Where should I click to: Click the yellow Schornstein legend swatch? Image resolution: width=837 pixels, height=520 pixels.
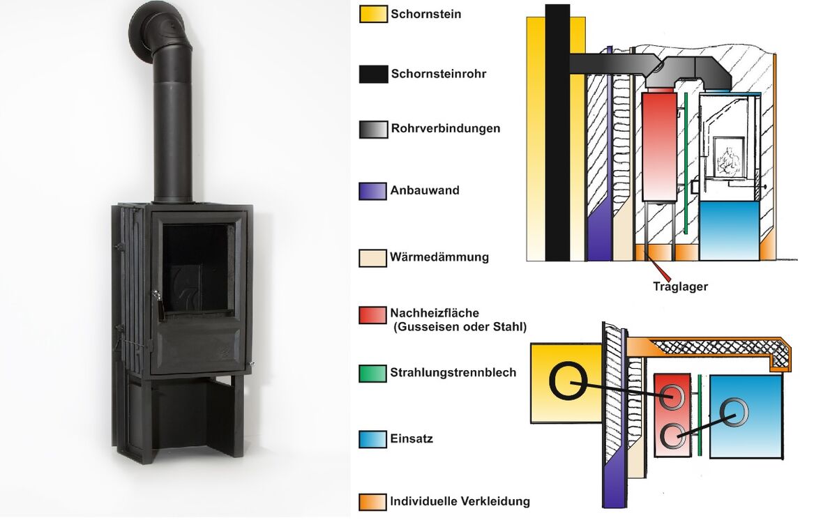(x=373, y=14)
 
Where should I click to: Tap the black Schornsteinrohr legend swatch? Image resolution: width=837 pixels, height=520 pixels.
(x=373, y=74)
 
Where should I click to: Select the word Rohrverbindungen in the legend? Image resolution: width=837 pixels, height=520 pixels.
(x=446, y=128)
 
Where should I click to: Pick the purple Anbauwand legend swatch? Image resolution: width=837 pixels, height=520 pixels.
(x=372, y=191)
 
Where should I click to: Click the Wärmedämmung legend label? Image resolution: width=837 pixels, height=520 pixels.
(x=439, y=257)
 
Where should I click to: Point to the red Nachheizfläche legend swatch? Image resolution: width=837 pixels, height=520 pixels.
(x=372, y=315)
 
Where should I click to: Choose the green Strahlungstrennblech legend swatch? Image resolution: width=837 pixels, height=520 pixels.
(x=372, y=374)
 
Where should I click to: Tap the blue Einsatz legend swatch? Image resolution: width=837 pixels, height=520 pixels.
(x=372, y=439)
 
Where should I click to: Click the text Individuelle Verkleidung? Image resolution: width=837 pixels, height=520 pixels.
(x=460, y=501)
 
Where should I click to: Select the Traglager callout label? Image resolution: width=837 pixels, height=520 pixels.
(x=681, y=286)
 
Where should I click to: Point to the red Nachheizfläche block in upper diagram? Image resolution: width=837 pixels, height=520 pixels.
(x=660, y=146)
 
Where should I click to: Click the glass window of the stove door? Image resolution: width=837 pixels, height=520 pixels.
(x=198, y=270)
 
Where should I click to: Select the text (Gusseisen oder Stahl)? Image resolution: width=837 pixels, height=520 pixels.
(x=460, y=327)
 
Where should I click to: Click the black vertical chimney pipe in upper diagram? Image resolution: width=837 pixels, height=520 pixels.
(x=557, y=132)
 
